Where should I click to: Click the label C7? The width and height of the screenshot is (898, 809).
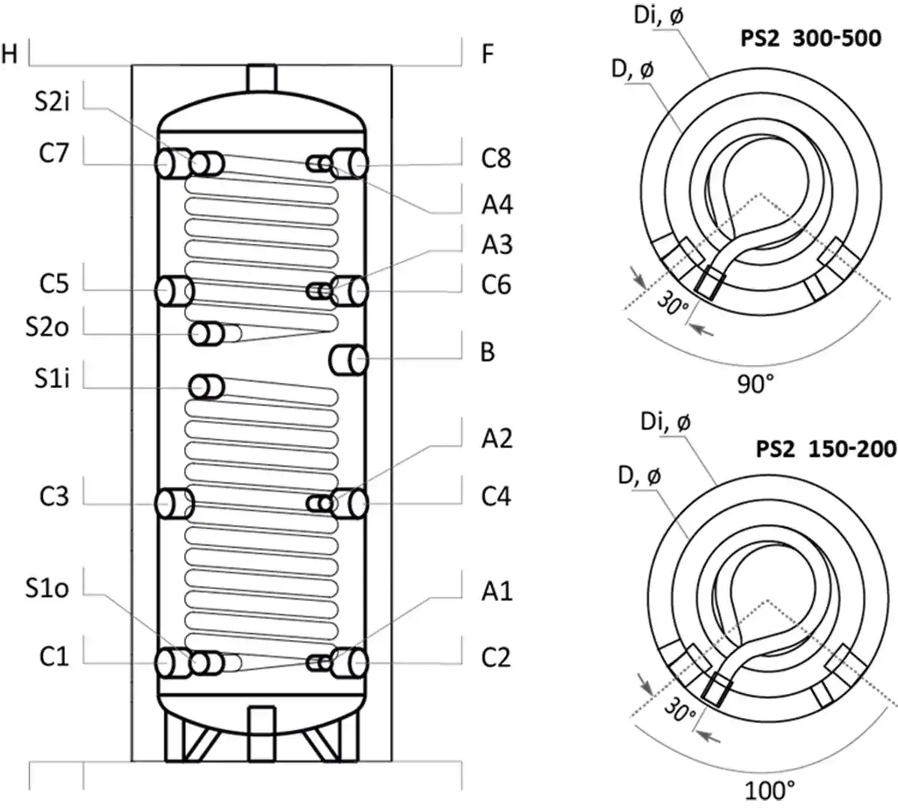[54, 154]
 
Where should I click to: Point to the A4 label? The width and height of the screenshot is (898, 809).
[497, 204]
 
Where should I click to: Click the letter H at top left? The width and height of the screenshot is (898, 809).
[10, 54]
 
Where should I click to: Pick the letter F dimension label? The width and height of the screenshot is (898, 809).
[487, 54]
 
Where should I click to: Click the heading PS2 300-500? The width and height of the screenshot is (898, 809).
[810, 38]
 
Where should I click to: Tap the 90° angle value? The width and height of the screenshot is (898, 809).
[756, 384]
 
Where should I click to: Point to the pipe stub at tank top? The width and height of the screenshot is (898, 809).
[261, 78]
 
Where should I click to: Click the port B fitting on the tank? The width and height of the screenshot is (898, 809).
[349, 360]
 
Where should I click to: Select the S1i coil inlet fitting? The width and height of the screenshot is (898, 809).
[207, 387]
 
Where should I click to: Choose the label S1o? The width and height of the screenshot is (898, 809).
[46, 588]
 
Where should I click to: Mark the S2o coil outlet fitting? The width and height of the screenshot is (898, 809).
[207, 333]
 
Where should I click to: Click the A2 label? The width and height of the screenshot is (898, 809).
[497, 438]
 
